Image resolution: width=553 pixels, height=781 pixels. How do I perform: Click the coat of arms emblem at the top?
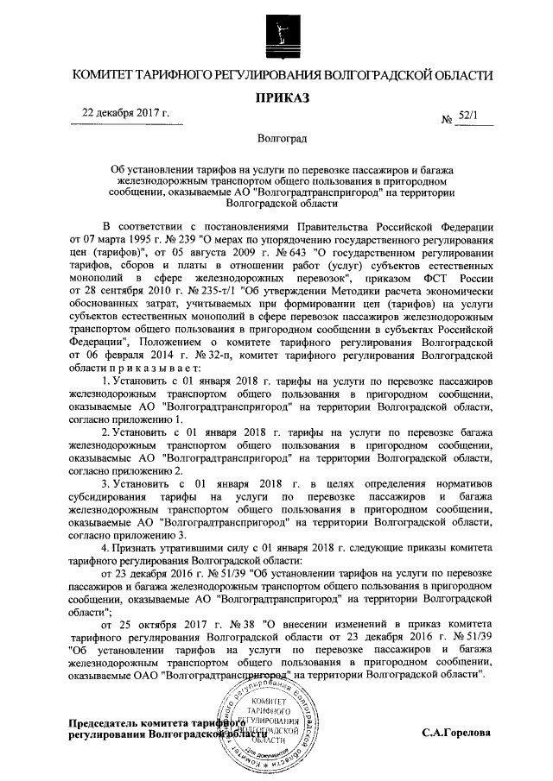coord(276,35)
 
